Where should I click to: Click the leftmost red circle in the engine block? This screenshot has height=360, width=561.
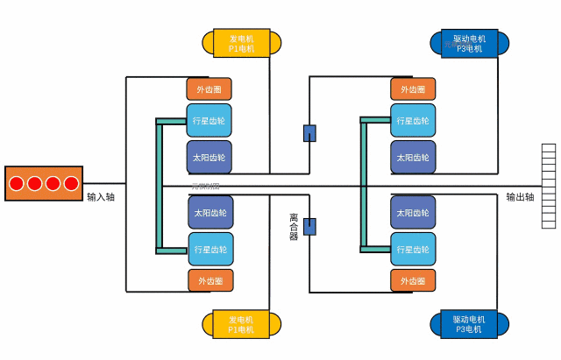point(16,183)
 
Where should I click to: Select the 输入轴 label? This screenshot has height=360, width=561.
point(100,198)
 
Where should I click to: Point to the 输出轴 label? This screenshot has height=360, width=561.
point(520,197)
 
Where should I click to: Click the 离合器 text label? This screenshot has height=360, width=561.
point(294,226)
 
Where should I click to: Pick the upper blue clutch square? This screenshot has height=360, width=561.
point(309,133)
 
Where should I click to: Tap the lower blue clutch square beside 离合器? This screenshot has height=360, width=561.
point(309,227)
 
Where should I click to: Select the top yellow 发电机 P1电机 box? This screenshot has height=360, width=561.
point(241,44)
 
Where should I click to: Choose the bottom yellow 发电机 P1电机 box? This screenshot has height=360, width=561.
point(241,324)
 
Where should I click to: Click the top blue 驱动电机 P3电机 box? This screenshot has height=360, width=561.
point(469,44)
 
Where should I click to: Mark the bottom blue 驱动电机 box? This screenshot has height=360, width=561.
point(469,324)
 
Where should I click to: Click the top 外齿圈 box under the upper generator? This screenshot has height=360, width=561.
point(209,89)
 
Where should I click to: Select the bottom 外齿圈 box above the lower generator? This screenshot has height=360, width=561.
point(210,280)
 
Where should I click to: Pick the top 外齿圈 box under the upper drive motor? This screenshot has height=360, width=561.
point(413,89)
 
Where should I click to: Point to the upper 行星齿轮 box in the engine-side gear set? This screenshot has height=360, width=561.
point(209,120)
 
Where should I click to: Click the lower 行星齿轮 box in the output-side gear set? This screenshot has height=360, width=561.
point(413,249)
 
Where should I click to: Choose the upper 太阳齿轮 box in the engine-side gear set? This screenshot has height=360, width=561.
point(209,158)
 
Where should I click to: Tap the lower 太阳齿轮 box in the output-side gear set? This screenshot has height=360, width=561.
point(413,212)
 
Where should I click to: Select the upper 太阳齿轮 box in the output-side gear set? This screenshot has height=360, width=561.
point(413,158)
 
